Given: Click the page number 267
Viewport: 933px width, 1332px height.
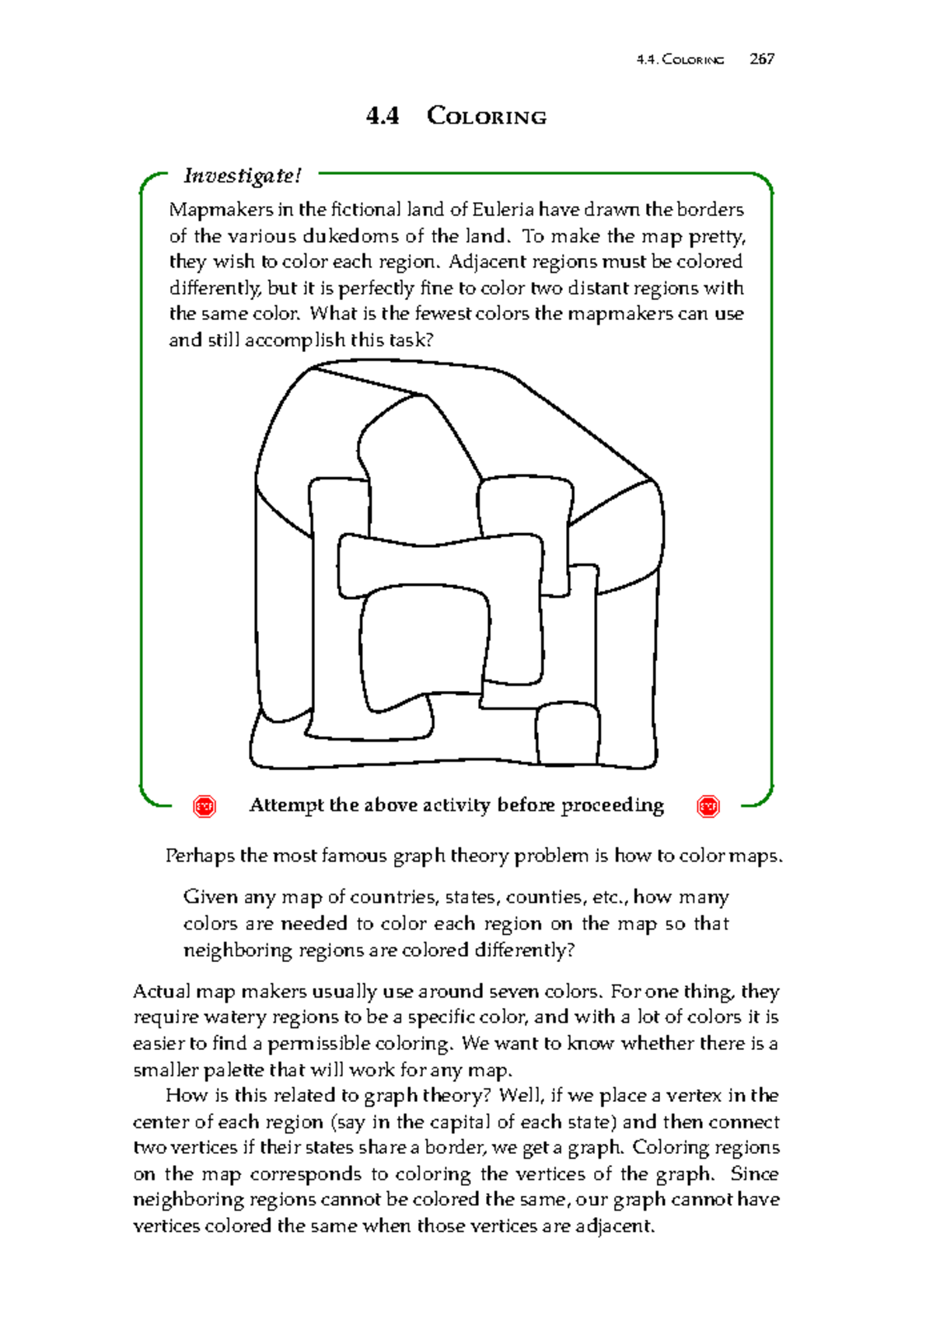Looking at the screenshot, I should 762,59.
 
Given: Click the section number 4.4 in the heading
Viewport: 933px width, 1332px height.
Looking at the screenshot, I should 383,117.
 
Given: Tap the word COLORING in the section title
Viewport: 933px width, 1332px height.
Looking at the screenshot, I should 487,117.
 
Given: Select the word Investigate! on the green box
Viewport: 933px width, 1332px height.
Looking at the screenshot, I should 242,176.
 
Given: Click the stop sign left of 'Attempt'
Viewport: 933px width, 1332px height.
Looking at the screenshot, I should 204,806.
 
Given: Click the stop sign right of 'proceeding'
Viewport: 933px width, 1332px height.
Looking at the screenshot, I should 708,806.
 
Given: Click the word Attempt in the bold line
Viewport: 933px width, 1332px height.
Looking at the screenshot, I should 286,805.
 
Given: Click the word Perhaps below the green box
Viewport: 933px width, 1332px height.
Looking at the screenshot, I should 200,856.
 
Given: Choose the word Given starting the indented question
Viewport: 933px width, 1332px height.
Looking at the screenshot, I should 210,898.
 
